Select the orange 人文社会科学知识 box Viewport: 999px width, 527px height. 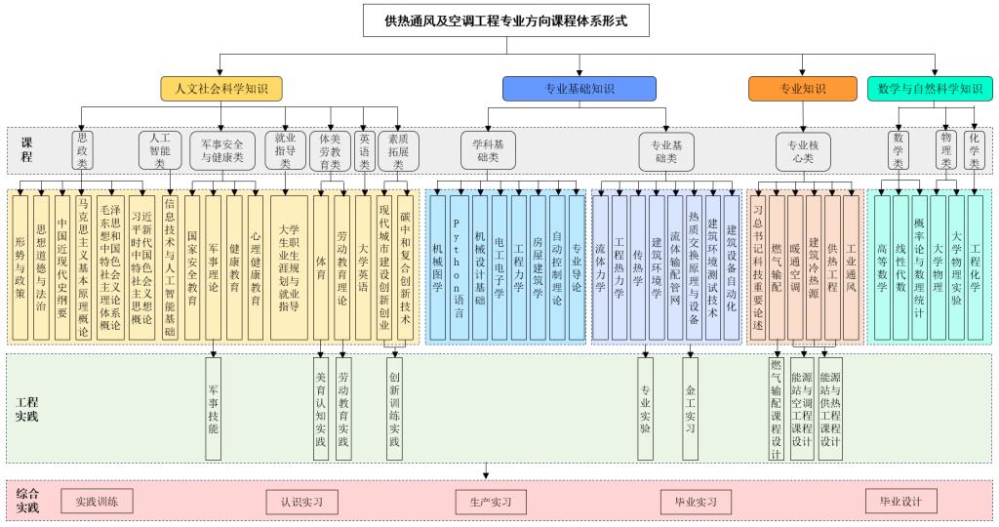(x=221, y=88)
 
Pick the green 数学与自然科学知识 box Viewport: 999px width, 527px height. (x=930, y=89)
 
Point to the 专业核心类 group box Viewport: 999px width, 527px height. (x=803, y=150)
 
